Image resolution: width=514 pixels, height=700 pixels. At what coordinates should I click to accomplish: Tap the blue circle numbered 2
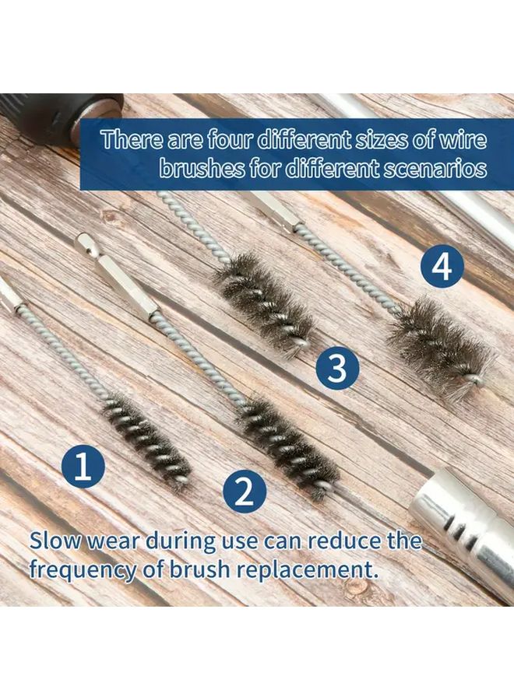coord(245,491)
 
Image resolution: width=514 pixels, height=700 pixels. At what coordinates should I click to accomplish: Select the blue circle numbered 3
coord(337,369)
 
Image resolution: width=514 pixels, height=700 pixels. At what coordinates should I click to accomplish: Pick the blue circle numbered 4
coord(442,268)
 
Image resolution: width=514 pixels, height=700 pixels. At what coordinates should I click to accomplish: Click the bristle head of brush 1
coord(148,440)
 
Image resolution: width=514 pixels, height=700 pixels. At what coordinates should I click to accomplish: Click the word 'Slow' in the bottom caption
coord(58,541)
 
